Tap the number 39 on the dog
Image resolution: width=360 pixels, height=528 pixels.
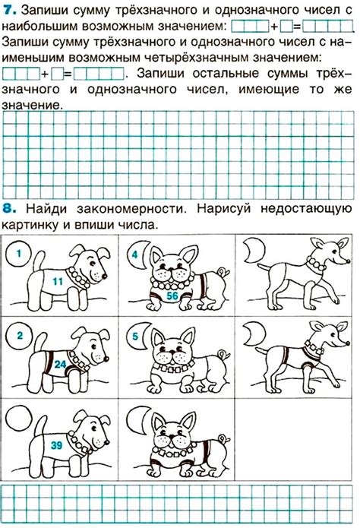pos(55,445)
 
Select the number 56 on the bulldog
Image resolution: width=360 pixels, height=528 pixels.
pos(172,296)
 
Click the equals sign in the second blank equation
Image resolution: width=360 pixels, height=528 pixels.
pos(68,74)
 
